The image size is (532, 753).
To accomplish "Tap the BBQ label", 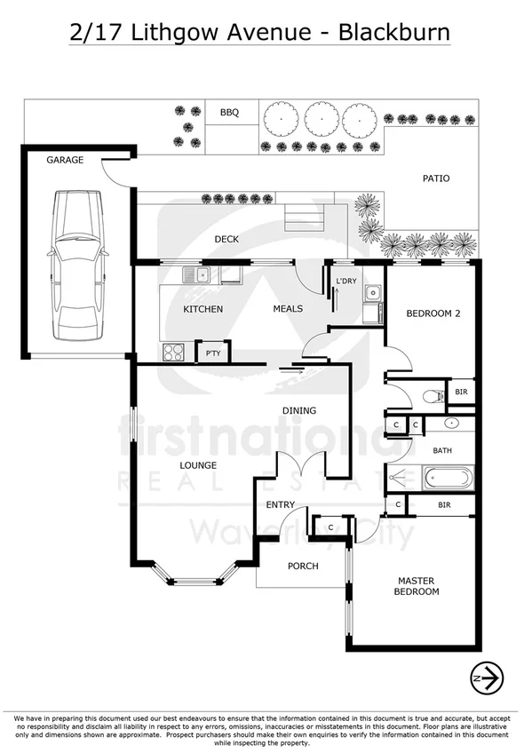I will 230,113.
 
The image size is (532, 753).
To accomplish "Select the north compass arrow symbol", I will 487,678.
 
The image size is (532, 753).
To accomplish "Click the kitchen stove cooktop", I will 172,353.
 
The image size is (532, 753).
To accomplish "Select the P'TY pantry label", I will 213,353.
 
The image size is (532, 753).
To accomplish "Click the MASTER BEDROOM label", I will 417,586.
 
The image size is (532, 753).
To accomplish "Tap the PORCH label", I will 303,566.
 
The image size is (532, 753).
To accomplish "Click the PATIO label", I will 435,178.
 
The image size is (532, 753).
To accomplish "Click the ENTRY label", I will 281,505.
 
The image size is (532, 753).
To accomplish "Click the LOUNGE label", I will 198,465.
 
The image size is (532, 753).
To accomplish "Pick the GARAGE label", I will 65,160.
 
